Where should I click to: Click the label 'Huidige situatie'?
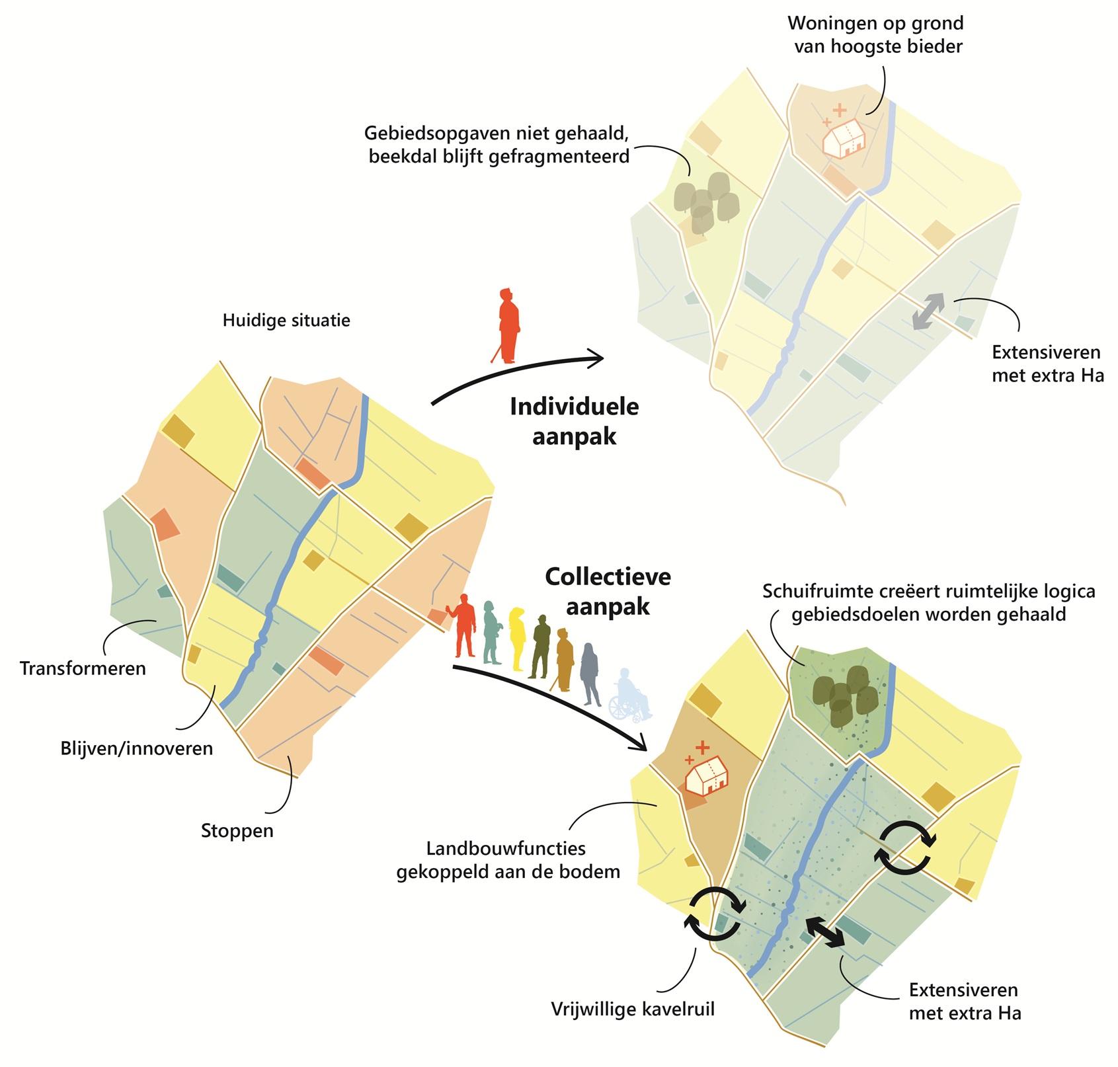click(x=286, y=321)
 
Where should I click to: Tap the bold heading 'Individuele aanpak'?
click(x=575, y=421)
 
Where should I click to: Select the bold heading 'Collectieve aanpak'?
click(x=608, y=591)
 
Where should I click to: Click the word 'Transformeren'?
click(x=83, y=668)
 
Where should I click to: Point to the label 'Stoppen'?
click(x=237, y=830)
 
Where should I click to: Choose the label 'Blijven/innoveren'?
click(x=137, y=748)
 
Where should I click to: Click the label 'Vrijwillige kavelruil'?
click(x=633, y=1009)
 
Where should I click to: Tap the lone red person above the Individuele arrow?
click(x=508, y=325)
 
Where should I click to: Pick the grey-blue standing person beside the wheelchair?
click(x=590, y=674)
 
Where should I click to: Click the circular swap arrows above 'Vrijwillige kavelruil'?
click(x=717, y=913)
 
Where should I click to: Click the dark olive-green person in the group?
click(x=540, y=646)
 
